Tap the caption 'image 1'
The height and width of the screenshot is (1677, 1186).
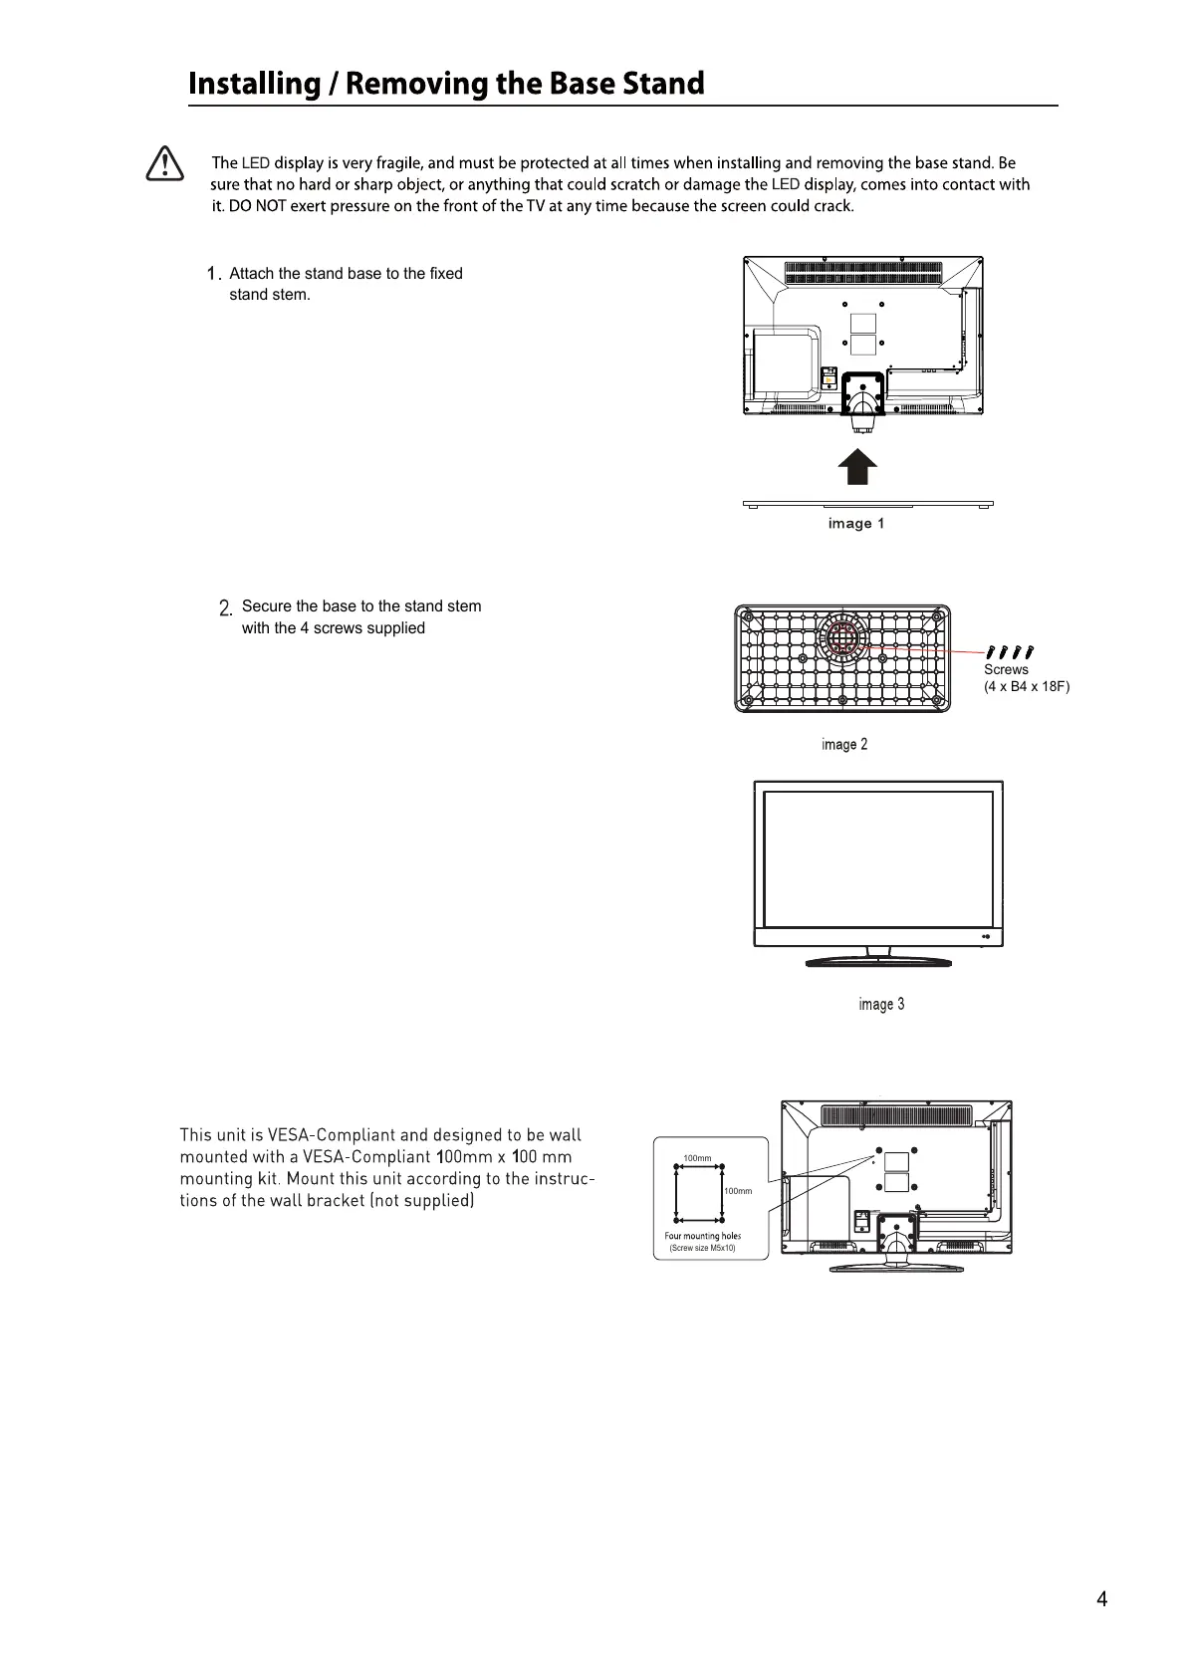coord(855,524)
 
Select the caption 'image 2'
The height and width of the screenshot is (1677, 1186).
coord(844,745)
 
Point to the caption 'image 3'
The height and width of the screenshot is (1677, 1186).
coord(881,1004)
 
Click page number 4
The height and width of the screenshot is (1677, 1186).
coord(1101,1599)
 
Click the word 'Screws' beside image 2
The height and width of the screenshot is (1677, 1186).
coord(1006,669)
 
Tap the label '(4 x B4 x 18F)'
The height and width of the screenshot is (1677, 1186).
coord(1026,686)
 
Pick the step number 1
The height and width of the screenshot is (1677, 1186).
coord(212,274)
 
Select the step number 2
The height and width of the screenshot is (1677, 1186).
coord(225,607)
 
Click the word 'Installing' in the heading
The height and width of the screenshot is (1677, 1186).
coord(253,84)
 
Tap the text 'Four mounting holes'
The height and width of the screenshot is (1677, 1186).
coord(702,1236)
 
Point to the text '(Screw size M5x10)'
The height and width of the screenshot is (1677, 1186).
coord(702,1248)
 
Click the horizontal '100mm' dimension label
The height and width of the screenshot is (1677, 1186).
coord(697,1158)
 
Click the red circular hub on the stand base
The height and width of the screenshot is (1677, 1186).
coord(842,638)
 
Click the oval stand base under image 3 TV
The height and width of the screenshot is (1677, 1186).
coord(877,961)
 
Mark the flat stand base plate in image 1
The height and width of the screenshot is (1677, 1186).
coord(867,504)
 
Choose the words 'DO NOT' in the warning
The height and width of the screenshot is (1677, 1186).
coord(257,206)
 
